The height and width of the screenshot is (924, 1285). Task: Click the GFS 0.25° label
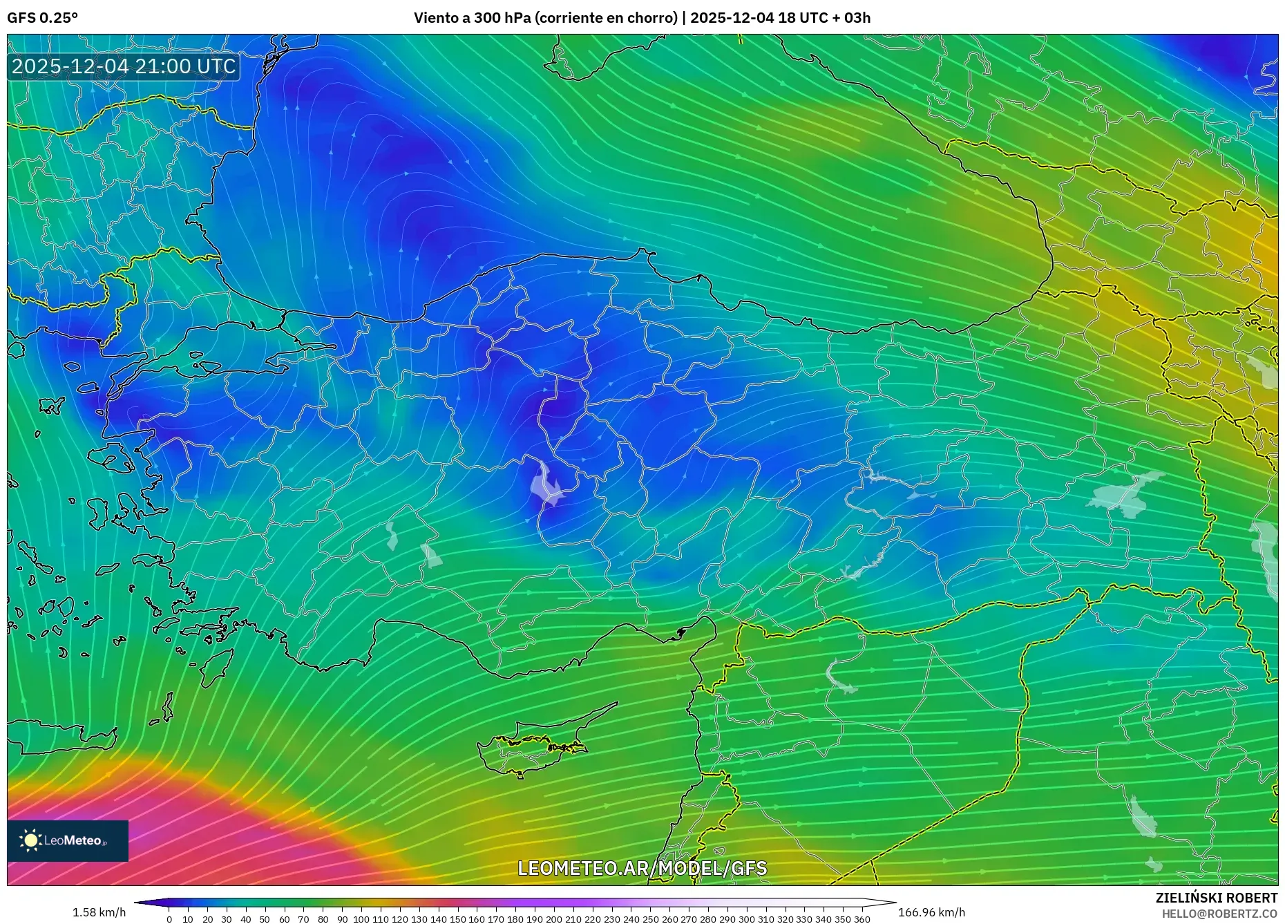[x=42, y=18]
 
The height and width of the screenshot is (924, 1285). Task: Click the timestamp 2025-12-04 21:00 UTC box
[x=124, y=66]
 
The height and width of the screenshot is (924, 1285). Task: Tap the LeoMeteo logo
[x=67, y=840]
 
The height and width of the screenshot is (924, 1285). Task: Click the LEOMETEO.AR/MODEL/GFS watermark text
[x=642, y=868]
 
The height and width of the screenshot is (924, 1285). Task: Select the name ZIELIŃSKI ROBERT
[x=1216, y=898]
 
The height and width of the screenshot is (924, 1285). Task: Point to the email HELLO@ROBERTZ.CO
[x=1219, y=914]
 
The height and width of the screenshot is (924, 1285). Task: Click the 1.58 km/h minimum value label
[x=99, y=912]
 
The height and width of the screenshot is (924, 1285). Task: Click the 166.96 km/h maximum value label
[x=931, y=912]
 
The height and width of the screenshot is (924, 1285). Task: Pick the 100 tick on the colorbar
[x=361, y=919]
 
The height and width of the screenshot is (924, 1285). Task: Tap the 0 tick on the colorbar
[x=169, y=919]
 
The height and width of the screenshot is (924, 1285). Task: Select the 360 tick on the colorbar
[x=862, y=919]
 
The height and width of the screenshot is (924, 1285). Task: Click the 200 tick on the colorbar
[x=553, y=919]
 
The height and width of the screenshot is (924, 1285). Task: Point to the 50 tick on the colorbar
[x=265, y=919]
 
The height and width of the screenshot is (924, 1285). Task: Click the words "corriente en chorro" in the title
[x=606, y=18]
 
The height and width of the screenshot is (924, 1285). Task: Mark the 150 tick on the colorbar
[x=457, y=919]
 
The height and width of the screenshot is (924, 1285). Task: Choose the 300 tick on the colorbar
[x=746, y=919]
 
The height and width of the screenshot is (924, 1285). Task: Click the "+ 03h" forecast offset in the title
[x=851, y=18]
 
